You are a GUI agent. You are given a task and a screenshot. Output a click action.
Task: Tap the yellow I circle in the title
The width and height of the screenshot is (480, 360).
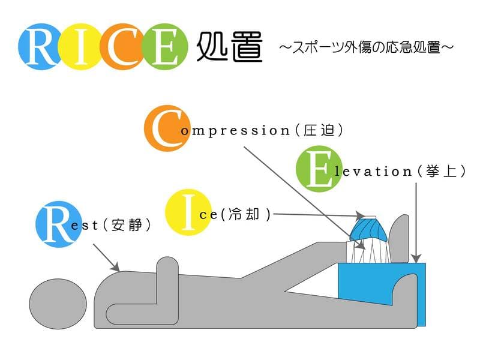tap(83, 47)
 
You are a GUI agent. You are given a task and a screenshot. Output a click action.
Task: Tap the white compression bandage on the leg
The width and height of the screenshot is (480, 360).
tap(368, 252)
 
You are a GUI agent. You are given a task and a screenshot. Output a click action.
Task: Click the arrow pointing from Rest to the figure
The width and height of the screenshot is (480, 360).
tap(108, 258)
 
